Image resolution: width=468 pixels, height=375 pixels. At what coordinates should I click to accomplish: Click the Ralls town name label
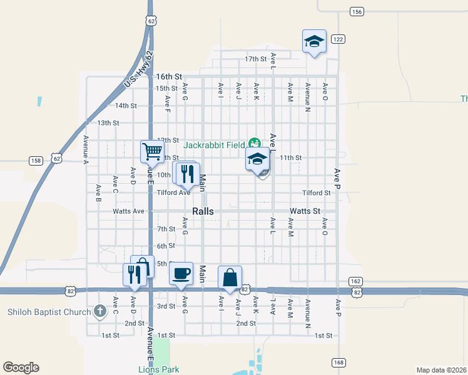(x=203, y=211)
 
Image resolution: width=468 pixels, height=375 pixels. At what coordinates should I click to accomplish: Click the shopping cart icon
(x=152, y=151)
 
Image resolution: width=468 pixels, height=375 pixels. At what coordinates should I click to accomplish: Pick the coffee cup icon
(x=181, y=273)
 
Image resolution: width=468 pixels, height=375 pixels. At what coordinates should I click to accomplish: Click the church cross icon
(x=100, y=311)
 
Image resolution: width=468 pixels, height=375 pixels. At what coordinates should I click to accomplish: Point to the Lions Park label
(x=159, y=369)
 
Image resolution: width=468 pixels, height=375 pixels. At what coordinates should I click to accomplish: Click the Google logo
(x=21, y=367)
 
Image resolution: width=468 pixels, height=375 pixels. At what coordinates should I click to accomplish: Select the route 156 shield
(x=357, y=12)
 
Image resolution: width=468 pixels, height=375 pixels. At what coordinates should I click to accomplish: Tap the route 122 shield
(x=338, y=39)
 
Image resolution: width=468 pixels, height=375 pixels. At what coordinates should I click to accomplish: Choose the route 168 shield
(x=338, y=362)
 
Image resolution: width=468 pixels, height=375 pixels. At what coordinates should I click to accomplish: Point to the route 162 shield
(x=356, y=281)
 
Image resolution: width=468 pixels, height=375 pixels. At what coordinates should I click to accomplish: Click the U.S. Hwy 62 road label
(x=138, y=70)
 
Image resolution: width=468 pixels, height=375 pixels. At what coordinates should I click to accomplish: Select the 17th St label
(x=255, y=59)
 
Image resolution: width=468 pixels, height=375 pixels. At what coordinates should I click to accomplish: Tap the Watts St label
(x=305, y=212)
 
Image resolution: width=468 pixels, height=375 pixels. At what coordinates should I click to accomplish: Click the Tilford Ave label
(x=173, y=193)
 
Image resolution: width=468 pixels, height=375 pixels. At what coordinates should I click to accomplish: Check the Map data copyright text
(x=442, y=370)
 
